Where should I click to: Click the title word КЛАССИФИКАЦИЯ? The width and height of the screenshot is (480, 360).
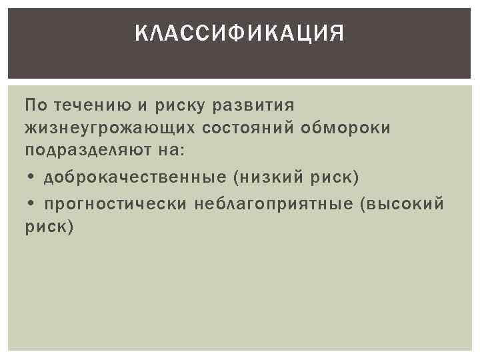click(x=240, y=33)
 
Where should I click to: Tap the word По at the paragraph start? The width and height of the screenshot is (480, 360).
click(x=35, y=105)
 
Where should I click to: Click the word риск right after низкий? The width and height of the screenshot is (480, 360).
click(x=337, y=178)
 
